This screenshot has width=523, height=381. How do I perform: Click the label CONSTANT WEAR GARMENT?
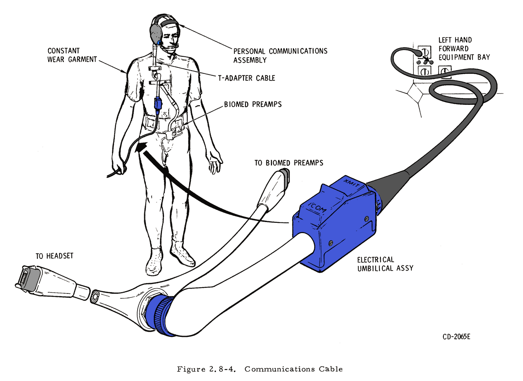pos(72,55)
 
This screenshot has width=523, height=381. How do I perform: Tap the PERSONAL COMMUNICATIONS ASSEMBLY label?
pos(280,56)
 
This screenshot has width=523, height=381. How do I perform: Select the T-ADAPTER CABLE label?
pos(247,78)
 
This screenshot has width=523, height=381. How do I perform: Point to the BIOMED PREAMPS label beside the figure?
pos(253,105)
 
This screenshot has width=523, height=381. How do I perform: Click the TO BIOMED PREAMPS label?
pos(288,163)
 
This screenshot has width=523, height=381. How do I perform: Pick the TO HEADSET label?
pos(54,256)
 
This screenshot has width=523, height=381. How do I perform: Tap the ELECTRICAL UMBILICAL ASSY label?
pos(385,264)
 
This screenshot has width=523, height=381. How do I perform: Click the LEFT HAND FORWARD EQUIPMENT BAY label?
pos(464,49)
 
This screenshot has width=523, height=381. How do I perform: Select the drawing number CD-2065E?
pos(456,336)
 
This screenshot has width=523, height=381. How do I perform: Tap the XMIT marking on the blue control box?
pos(352,184)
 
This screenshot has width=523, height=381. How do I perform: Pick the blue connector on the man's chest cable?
pos(158,104)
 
